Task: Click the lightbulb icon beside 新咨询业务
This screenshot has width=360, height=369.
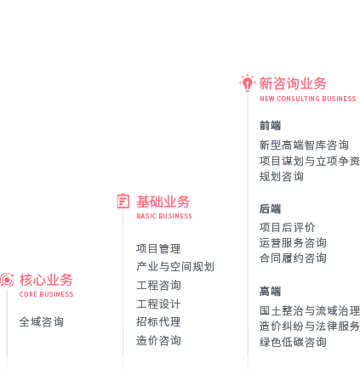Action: (x=248, y=82)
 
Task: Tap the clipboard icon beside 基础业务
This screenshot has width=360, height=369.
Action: (x=123, y=201)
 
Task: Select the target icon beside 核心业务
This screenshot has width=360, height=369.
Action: (x=7, y=280)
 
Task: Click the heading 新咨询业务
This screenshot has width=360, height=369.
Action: (x=293, y=83)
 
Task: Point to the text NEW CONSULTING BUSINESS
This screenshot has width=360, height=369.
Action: (x=308, y=99)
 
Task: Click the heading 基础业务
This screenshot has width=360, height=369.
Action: (x=163, y=202)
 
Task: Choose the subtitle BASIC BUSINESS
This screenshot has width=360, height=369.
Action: (x=164, y=216)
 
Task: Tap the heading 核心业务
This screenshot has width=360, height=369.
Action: (x=46, y=280)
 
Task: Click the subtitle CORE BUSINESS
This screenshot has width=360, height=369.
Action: (x=46, y=294)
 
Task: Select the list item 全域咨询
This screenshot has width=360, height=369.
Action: (x=42, y=322)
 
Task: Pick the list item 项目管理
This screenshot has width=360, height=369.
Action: (x=158, y=249)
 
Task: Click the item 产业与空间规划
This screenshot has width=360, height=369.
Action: (x=175, y=267)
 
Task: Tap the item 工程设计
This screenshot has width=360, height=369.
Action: (x=158, y=304)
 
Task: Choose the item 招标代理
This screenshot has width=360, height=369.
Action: (x=158, y=322)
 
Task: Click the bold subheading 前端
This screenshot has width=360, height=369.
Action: (x=270, y=126)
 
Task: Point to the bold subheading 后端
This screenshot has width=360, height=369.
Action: (x=270, y=209)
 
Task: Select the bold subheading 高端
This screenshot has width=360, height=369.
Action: (x=270, y=292)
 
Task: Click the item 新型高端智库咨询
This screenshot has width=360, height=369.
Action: (x=304, y=145)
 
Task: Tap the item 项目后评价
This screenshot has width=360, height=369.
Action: (x=287, y=227)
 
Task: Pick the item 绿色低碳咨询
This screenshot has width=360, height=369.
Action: (x=293, y=342)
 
